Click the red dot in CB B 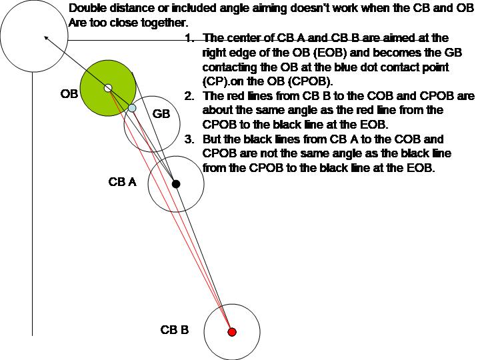[x=232, y=331]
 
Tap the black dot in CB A [x=176, y=183]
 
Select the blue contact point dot [x=132, y=108]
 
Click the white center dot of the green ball [x=108, y=88]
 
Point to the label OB [x=69, y=95]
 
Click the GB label [x=161, y=115]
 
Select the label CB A [x=122, y=182]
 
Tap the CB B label [x=175, y=330]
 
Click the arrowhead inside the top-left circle [x=47, y=38]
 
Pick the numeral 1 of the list [x=190, y=39]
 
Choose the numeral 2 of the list [x=190, y=96]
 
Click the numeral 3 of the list [x=190, y=139]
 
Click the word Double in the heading [x=87, y=9]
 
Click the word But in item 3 [x=212, y=139]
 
